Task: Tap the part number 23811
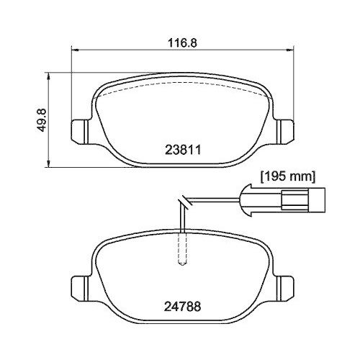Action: (183, 151)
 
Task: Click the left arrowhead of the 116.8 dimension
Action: (73, 50)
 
